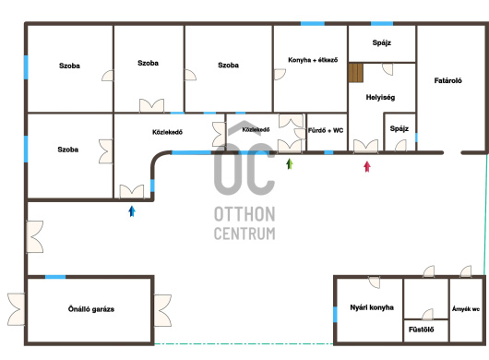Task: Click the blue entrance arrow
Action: click(x=132, y=211)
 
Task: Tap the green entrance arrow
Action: click(x=290, y=163)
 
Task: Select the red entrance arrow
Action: click(x=367, y=166)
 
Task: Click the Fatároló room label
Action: click(x=447, y=80)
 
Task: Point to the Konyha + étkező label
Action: click(x=313, y=60)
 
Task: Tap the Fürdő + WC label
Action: click(x=326, y=130)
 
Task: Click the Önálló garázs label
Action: click(x=91, y=309)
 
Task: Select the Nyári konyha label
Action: click(x=372, y=307)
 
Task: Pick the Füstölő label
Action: click(x=422, y=330)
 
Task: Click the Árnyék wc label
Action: click(x=466, y=309)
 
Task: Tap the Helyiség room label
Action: click(x=380, y=97)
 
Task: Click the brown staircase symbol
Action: click(x=356, y=73)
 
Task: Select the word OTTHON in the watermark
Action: click(x=244, y=214)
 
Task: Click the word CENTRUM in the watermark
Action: click(x=244, y=233)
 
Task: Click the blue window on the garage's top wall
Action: click(x=55, y=277)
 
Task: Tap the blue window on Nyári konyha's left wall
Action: click(x=335, y=315)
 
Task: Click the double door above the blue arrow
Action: click(x=132, y=192)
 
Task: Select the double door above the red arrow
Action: click(x=365, y=147)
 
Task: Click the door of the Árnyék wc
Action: click(x=466, y=271)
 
